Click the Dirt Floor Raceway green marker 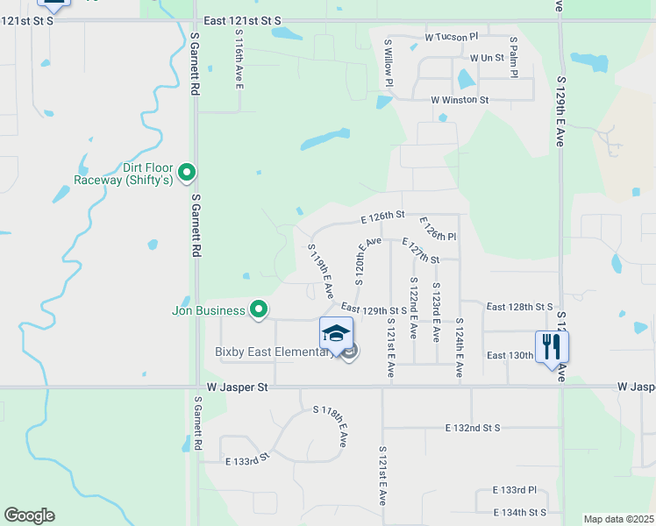[x=186, y=174]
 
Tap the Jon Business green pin [x=259, y=309]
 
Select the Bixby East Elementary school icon [x=336, y=334]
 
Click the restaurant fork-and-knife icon [x=552, y=346]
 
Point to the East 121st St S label [x=241, y=19]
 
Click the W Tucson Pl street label [x=451, y=37]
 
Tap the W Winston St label [x=460, y=100]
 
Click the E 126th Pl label [x=438, y=230]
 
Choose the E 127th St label [x=419, y=251]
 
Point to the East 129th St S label [x=374, y=309]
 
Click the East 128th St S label [x=520, y=307]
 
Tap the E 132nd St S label [x=472, y=428]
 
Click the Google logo [x=29, y=515]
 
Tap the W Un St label [x=487, y=58]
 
